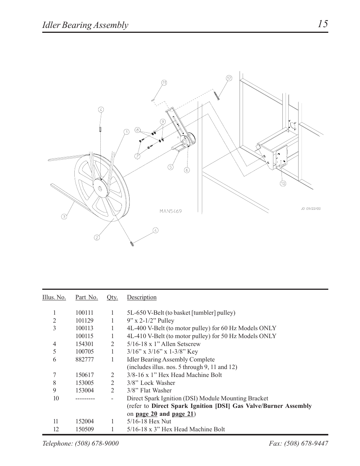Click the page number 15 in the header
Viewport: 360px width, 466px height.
(322, 24)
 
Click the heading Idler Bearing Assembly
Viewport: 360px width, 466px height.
(85, 25)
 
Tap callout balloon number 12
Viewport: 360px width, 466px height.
(229, 78)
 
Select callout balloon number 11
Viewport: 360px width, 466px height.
(164, 83)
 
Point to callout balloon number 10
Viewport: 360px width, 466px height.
(283, 183)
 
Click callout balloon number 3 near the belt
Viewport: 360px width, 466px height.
(64, 216)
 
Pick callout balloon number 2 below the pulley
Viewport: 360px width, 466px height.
(97, 237)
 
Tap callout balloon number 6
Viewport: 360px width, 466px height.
(186, 170)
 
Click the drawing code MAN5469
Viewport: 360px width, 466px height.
(170, 211)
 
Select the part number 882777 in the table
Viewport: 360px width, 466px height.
(84, 360)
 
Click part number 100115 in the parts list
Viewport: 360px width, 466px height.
(84, 336)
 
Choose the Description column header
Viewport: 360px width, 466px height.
(142, 297)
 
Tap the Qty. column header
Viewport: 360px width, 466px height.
(112, 297)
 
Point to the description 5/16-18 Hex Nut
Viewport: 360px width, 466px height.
(149, 421)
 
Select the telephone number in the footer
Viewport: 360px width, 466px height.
(80, 444)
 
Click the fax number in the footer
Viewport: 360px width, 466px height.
(298, 444)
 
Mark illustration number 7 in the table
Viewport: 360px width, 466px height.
(54, 375)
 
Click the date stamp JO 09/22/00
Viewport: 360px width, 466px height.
(311, 208)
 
